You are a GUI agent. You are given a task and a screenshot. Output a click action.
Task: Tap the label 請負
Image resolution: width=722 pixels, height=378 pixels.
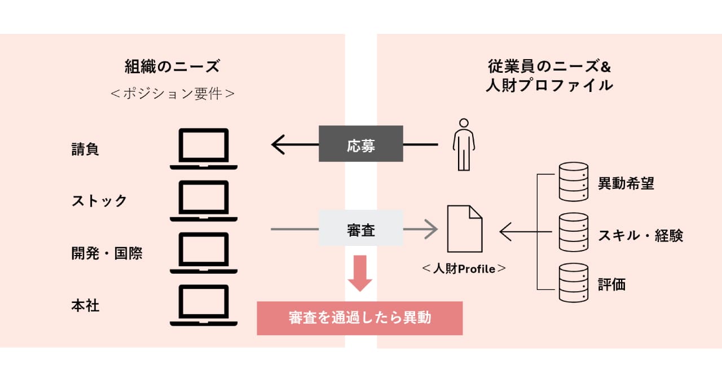pos(85,150)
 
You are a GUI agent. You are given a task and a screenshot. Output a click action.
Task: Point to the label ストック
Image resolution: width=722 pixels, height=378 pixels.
pos(99,201)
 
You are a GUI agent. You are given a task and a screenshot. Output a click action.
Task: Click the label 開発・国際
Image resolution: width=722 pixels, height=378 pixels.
pos(107,253)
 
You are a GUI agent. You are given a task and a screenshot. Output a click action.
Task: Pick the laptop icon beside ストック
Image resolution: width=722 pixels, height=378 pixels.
pos(204,201)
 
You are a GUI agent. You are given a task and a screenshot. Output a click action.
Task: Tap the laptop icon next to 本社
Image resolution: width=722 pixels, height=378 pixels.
pos(204,305)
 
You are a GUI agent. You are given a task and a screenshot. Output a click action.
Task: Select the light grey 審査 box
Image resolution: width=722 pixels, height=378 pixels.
pos(361,230)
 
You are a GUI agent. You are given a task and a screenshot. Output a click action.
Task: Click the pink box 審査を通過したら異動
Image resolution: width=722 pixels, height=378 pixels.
pos(360,318)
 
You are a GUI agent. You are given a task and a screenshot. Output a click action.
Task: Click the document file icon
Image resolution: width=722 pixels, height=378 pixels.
pos(465,229)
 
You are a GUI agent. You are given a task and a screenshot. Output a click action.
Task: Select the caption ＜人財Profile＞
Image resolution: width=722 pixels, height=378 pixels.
pos(464,269)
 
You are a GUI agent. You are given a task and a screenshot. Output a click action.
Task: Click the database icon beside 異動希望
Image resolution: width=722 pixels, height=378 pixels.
pos(573,182)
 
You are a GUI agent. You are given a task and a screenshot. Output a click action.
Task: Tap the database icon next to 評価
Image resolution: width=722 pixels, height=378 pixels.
pos(573,283)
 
